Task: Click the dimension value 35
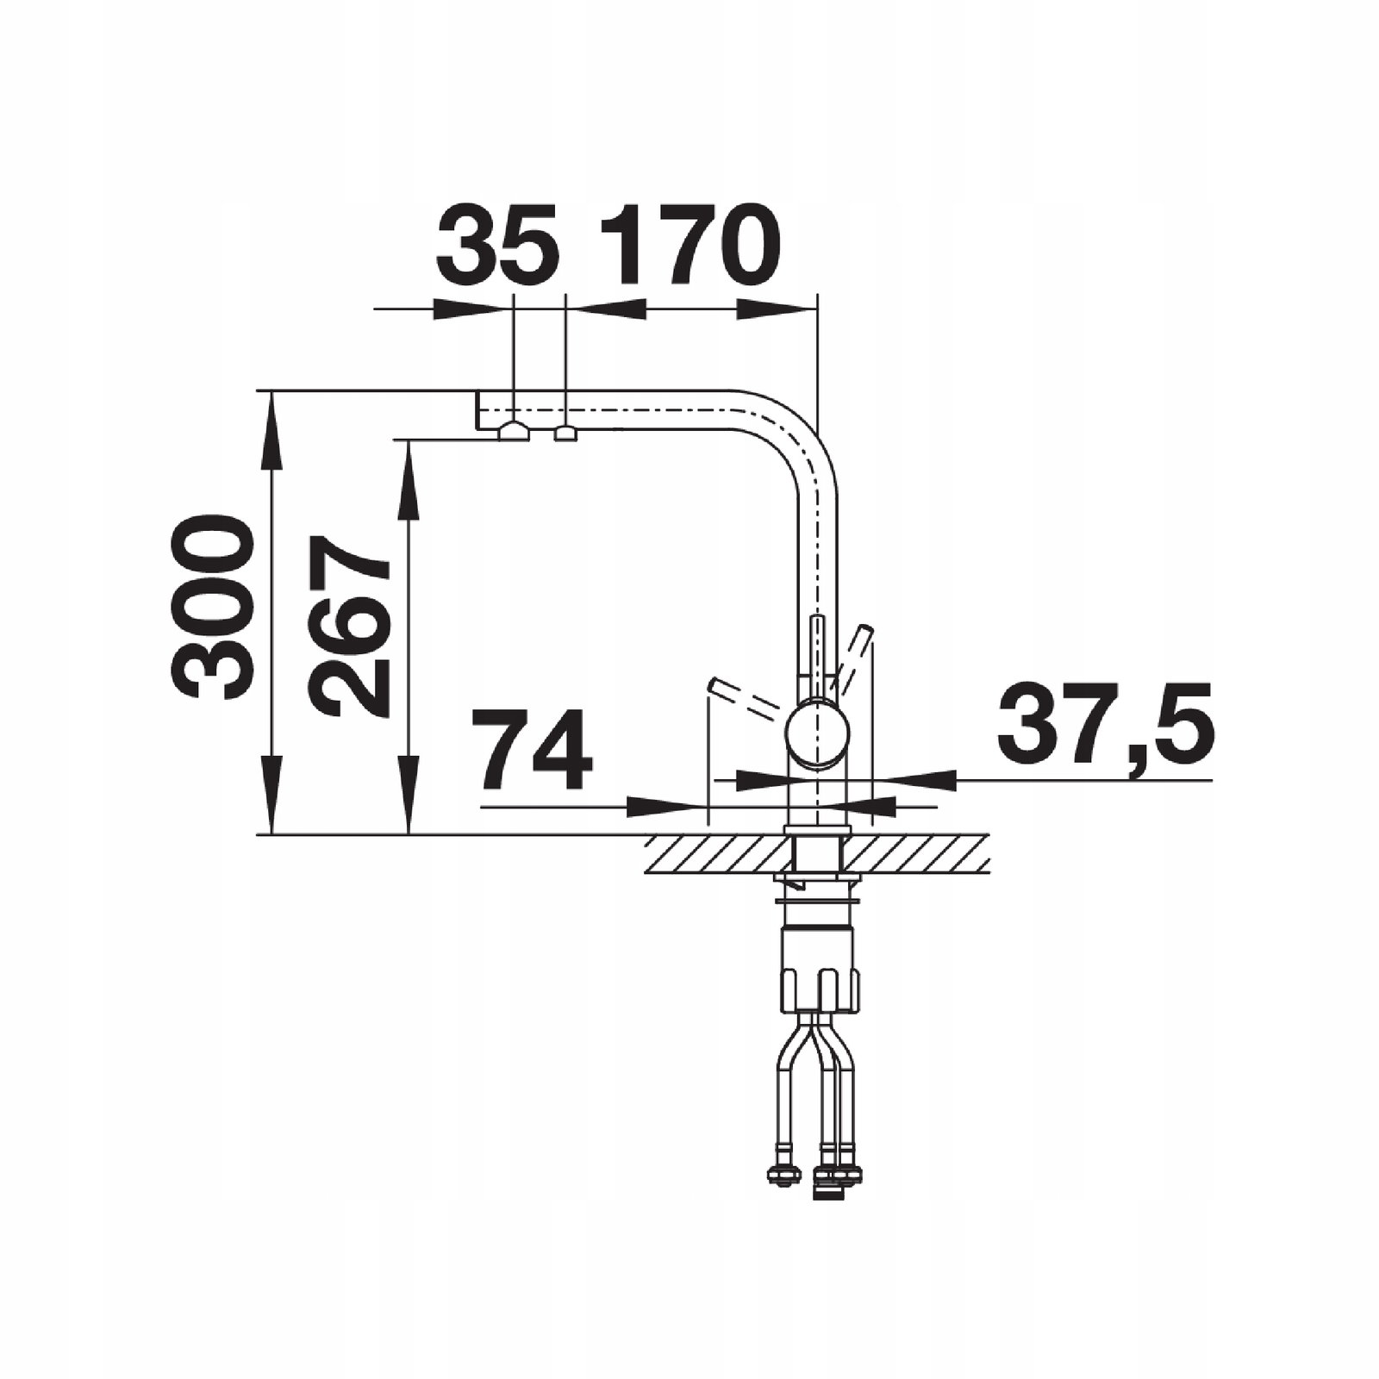(x=497, y=245)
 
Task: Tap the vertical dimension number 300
(x=213, y=607)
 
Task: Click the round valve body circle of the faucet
(x=817, y=734)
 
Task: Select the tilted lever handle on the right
(x=853, y=659)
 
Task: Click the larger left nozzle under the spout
(x=514, y=431)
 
